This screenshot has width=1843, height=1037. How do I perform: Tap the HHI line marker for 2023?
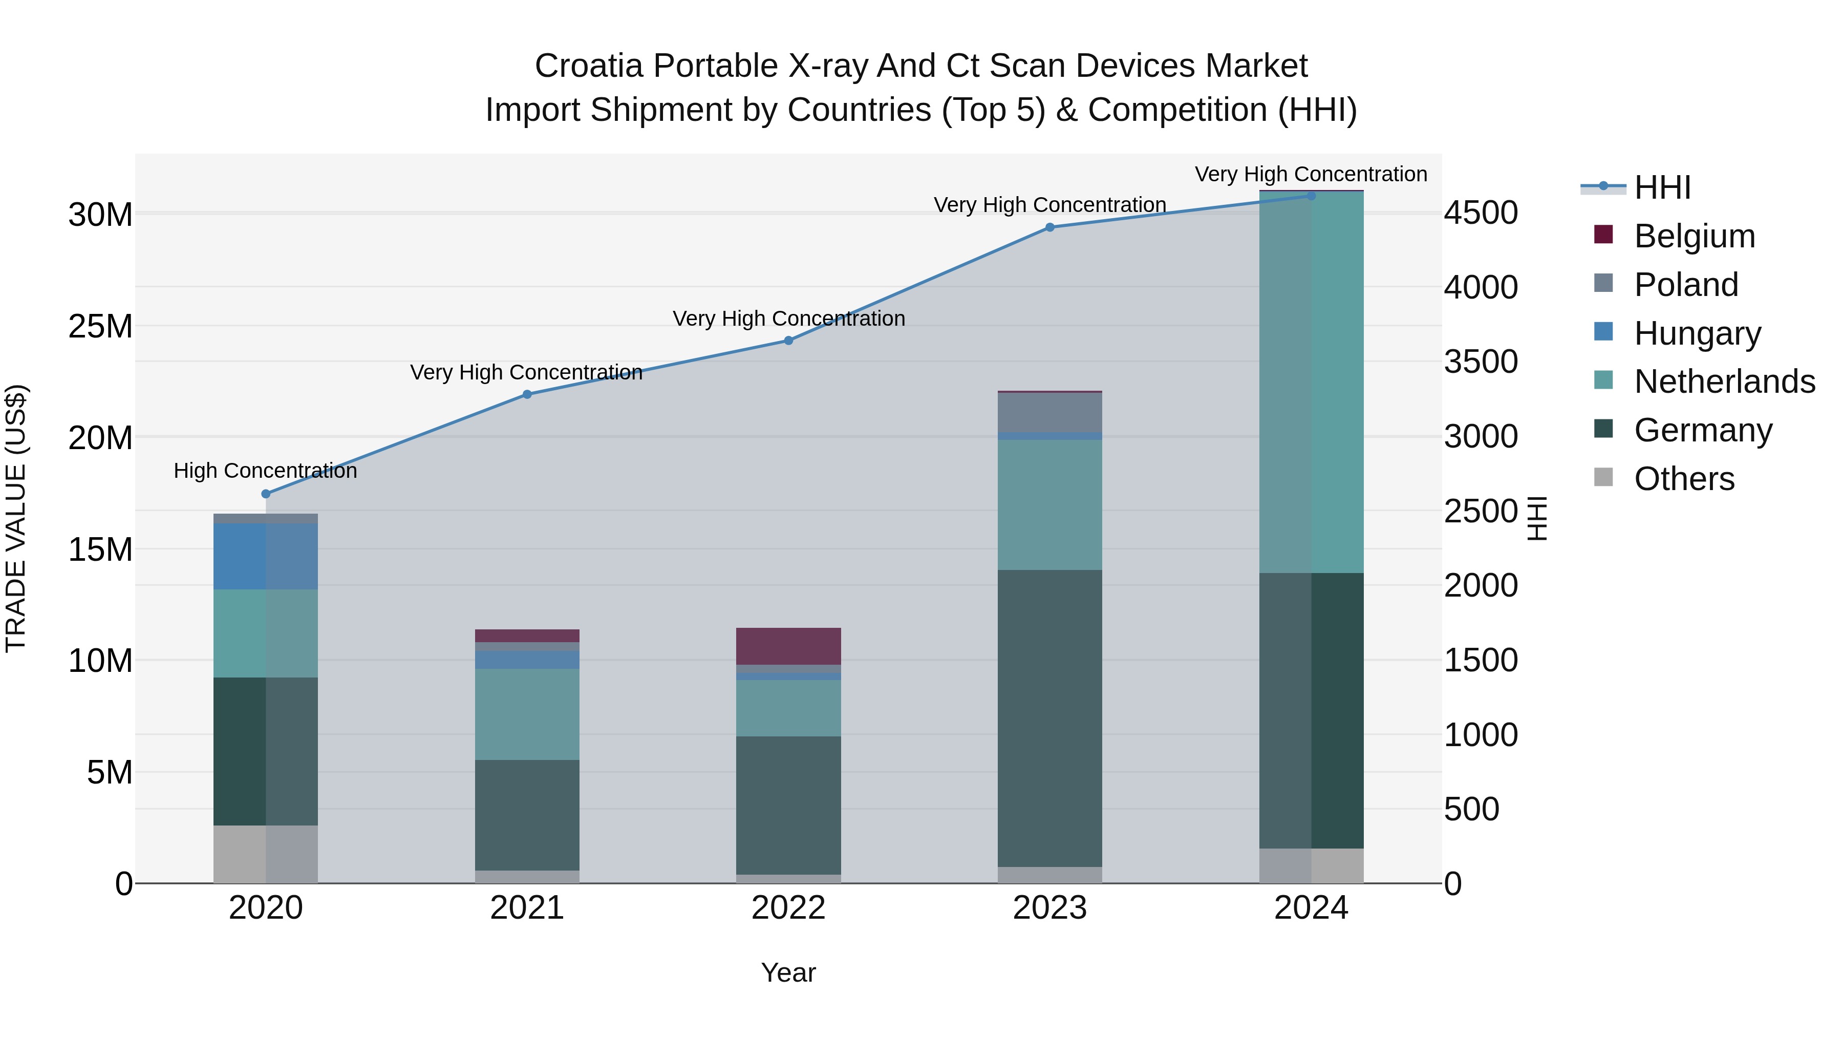pyautogui.click(x=1049, y=227)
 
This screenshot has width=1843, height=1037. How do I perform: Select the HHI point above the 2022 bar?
pyautogui.click(x=788, y=341)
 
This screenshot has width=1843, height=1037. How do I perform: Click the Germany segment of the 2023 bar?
pyautogui.click(x=1049, y=718)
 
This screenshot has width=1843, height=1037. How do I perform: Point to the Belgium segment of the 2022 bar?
pyautogui.click(x=788, y=646)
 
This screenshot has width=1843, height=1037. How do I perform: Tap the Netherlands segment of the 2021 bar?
pyautogui.click(x=527, y=714)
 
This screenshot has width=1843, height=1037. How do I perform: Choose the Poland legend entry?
pyautogui.click(x=1686, y=285)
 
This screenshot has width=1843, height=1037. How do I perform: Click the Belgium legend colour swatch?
pyautogui.click(x=1603, y=235)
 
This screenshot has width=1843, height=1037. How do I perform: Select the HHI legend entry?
pyautogui.click(x=1662, y=187)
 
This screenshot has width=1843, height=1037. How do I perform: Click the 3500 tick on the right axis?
pyautogui.click(x=1480, y=362)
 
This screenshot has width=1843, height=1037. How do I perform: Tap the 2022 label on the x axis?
pyautogui.click(x=788, y=908)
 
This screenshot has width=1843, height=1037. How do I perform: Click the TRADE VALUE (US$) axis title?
pyautogui.click(x=16, y=518)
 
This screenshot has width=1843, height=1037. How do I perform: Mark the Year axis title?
pyautogui.click(x=788, y=972)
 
